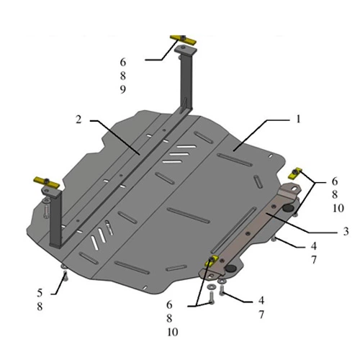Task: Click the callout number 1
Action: pos(298,119)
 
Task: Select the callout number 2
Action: pos(78,120)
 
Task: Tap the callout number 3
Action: pos(346,231)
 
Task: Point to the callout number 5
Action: pos(40,293)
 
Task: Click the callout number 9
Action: pos(123,89)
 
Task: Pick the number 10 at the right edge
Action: pos(338,208)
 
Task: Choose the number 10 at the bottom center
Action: pos(173,332)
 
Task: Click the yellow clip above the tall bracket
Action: pos(183,40)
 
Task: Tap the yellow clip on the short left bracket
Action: pos(46,182)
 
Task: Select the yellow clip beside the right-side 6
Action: pos(294,174)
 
